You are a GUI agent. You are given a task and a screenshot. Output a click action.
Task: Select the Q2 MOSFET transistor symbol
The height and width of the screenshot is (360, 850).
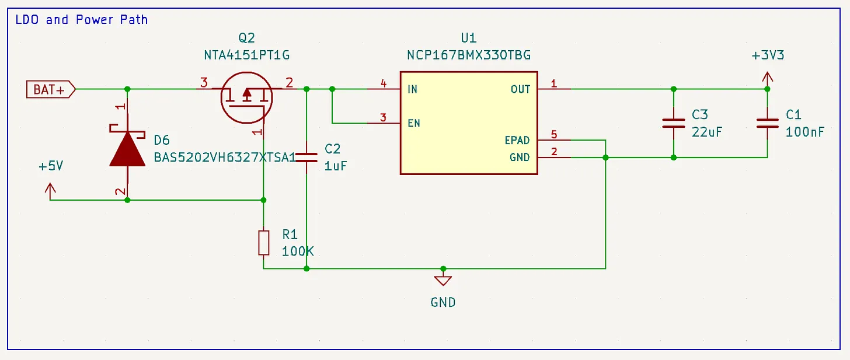click(246, 97)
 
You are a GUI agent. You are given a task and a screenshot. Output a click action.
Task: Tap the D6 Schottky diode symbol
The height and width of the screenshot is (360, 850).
click(127, 149)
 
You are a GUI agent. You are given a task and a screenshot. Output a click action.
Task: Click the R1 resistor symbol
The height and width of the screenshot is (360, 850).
click(263, 243)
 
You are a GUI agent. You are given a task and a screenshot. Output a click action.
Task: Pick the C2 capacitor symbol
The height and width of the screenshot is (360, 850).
click(306, 158)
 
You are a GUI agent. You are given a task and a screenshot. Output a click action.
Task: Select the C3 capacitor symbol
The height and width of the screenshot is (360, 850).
click(673, 123)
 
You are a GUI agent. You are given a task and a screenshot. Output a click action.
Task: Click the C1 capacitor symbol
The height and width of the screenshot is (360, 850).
click(767, 123)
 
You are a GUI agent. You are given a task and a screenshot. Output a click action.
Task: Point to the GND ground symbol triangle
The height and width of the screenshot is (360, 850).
click(443, 280)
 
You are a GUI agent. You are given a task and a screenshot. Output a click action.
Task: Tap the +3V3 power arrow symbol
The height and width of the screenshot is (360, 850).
click(767, 77)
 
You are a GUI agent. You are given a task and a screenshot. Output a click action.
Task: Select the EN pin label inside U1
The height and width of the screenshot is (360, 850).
click(414, 123)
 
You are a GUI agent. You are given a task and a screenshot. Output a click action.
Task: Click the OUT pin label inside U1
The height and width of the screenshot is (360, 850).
click(520, 89)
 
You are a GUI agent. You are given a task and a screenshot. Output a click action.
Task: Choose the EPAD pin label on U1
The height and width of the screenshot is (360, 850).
click(517, 141)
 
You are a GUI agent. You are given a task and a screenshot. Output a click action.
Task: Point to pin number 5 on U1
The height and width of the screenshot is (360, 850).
click(554, 135)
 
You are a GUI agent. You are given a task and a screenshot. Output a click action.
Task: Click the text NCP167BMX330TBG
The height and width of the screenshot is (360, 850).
click(469, 55)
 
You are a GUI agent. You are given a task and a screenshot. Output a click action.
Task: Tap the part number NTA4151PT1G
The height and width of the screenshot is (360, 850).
click(246, 55)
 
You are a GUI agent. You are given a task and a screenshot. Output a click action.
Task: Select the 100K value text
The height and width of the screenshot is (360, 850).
click(298, 251)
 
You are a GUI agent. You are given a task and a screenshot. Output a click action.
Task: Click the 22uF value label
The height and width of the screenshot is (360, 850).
click(707, 132)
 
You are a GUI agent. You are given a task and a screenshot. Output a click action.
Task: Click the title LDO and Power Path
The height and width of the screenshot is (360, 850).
click(82, 20)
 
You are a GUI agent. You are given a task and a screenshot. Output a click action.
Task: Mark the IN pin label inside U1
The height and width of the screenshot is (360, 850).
click(413, 89)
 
